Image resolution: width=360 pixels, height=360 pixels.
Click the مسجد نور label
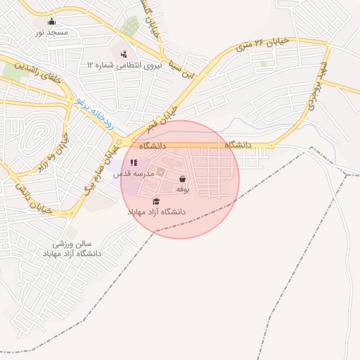pos(52,32)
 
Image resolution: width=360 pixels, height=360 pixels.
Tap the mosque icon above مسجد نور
pos(52,22)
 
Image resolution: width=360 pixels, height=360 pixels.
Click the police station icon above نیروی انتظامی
pos(124,53)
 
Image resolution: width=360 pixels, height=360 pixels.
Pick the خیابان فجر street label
pos(164,116)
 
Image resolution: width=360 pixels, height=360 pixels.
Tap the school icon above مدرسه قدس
pos(134,162)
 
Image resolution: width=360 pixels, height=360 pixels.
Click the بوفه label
pos(183,190)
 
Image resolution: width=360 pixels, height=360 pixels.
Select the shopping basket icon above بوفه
pos(183,179)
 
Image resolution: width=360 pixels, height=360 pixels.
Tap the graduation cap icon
pos(156,201)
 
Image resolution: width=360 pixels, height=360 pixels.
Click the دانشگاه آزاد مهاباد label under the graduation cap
pos(156,212)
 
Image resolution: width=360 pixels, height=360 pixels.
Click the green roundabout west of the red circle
pos(120,143)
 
